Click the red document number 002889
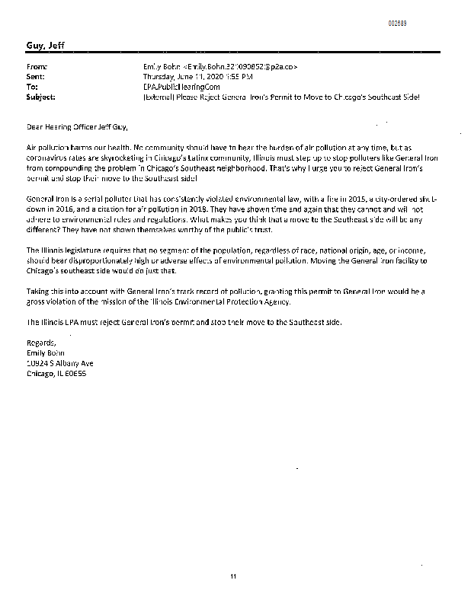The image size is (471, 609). (x=397, y=24)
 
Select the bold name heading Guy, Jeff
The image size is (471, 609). (x=45, y=46)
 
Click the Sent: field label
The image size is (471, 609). (x=36, y=77)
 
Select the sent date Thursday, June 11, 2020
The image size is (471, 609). (x=184, y=77)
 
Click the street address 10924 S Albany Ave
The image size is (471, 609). (x=59, y=363)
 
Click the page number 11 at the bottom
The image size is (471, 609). (x=234, y=576)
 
